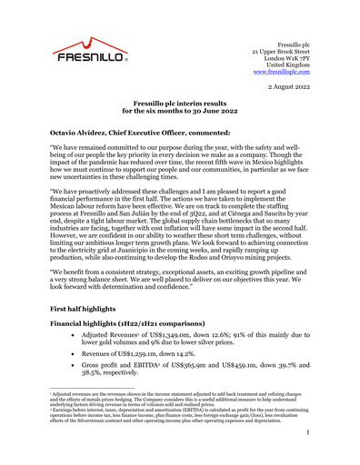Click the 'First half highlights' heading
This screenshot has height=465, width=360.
[x=83, y=310]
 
